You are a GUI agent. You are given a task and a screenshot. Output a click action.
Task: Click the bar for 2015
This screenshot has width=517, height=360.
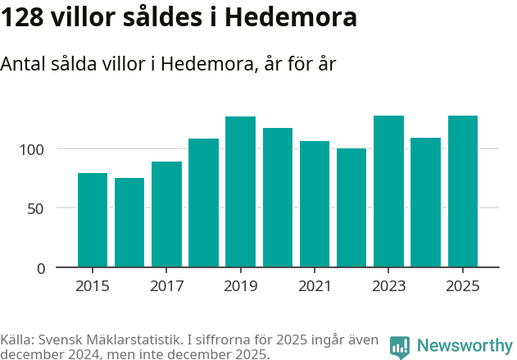[x=93, y=220]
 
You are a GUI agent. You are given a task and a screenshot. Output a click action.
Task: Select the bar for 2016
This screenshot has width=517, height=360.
[x=129, y=222]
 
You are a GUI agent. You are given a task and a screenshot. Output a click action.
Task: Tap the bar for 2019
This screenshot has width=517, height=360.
[x=240, y=192]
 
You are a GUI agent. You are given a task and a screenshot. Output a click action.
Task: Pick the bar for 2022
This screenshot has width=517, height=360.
[x=351, y=207]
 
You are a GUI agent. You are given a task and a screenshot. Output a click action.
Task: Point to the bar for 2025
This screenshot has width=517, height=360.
[x=463, y=191]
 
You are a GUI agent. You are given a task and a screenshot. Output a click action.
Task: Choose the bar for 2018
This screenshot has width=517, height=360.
[x=203, y=203]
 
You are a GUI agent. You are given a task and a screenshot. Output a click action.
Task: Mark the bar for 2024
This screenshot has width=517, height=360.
[x=425, y=203]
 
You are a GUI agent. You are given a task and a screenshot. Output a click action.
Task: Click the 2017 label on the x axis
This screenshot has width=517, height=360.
[x=166, y=286]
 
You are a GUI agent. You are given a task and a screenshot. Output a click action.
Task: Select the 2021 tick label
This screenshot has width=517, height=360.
[x=315, y=286]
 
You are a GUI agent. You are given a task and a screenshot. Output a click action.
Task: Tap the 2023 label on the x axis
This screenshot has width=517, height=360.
[x=388, y=286]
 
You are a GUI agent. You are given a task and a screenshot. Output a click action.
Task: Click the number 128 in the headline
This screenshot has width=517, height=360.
[x=24, y=17]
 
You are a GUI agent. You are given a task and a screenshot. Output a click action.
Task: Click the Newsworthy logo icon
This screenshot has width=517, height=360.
[x=400, y=347]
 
